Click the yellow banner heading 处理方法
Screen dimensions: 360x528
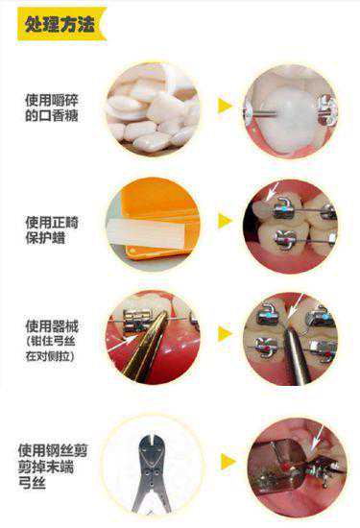click(x=62, y=24)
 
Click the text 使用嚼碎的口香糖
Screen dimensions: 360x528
click(x=52, y=108)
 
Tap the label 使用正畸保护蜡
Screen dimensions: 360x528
click(x=52, y=230)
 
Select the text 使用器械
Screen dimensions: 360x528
click(x=52, y=326)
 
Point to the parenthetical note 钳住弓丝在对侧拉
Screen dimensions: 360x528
click(x=51, y=348)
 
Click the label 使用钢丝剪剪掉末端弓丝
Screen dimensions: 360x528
click(x=53, y=467)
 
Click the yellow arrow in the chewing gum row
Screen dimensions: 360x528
click(x=225, y=106)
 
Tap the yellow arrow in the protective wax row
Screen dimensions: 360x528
click(x=225, y=221)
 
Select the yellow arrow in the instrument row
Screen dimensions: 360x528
click(x=225, y=333)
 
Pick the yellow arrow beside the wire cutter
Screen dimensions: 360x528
click(x=228, y=462)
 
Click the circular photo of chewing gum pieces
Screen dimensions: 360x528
click(x=154, y=108)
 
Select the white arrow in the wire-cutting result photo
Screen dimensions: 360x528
click(x=317, y=437)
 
